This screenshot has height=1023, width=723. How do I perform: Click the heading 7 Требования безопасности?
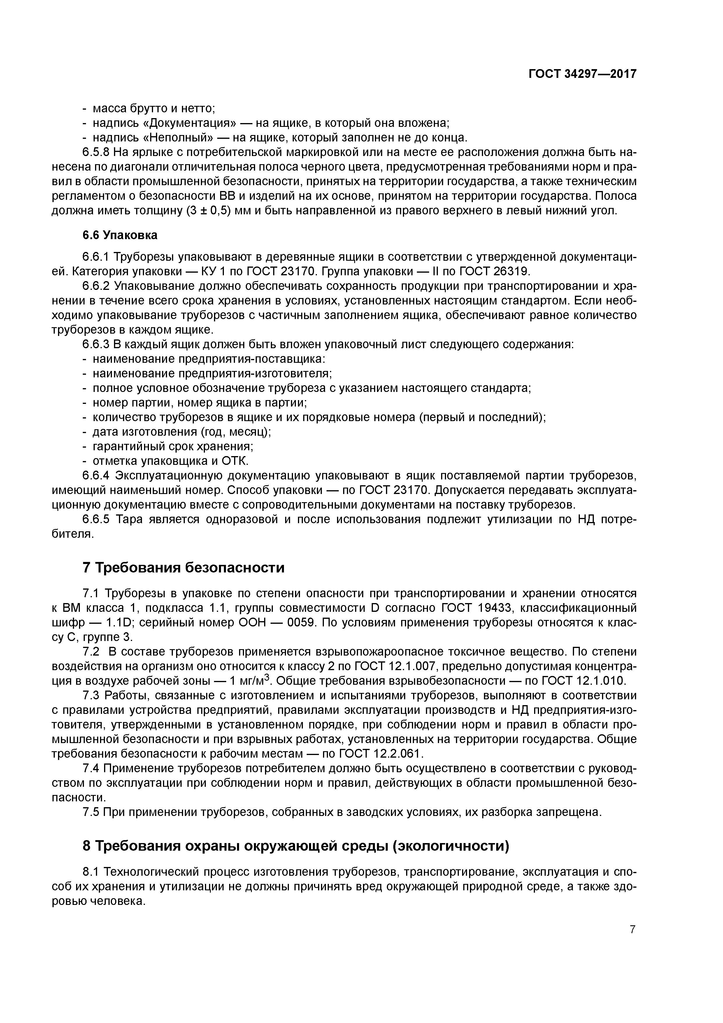pos(184,568)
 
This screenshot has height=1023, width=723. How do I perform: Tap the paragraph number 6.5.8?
pos(96,153)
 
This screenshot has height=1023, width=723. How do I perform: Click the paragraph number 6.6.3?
pos(96,344)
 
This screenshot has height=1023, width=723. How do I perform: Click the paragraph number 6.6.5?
pos(96,520)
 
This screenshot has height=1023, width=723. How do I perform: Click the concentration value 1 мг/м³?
pos(250,680)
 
